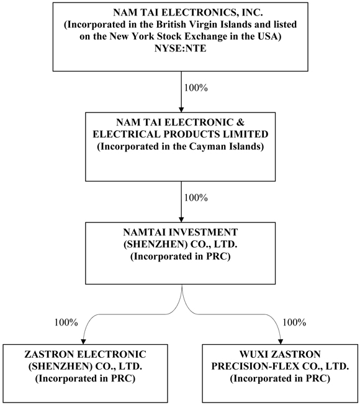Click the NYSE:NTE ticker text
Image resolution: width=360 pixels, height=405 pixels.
pyautogui.click(x=181, y=48)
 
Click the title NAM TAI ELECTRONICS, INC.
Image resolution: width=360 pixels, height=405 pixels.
pyautogui.click(x=181, y=12)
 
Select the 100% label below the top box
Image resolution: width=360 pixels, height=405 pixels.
pyautogui.click(x=196, y=88)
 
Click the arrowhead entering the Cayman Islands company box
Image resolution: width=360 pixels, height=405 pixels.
pyautogui.click(x=181, y=109)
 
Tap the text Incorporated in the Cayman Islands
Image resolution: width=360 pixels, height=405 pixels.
pyautogui.click(x=181, y=147)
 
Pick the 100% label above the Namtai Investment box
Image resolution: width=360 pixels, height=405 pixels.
pyautogui.click(x=196, y=198)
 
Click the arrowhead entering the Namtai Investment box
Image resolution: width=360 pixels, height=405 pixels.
pyautogui.click(x=181, y=219)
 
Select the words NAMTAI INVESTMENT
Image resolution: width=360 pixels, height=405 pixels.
pyautogui.click(x=181, y=232)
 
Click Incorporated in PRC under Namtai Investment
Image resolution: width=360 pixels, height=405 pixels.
pyautogui.click(x=181, y=257)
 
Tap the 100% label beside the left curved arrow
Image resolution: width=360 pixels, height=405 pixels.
pyautogui.click(x=66, y=322)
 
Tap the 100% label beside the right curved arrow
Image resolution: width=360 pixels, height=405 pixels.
pyautogui.click(x=294, y=322)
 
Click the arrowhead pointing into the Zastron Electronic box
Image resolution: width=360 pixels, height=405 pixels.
pyautogui.click(x=83, y=342)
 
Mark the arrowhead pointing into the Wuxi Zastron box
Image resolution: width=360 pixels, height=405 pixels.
pyautogui.click(x=281, y=342)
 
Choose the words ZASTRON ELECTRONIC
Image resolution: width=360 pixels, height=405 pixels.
pyautogui.click(x=85, y=354)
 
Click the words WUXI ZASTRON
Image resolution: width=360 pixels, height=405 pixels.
pyautogui.click(x=280, y=354)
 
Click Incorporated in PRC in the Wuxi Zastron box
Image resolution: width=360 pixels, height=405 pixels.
pyautogui.click(x=280, y=379)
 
